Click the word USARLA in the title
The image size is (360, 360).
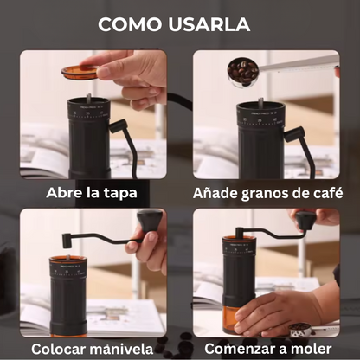click(x=209, y=24)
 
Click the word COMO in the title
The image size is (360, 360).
click(x=130, y=24)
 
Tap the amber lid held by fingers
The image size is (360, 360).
click(x=80, y=72)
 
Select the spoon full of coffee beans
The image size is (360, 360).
click(x=242, y=72)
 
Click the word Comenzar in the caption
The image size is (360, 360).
click(x=240, y=349)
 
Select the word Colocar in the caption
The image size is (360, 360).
click(x=59, y=349)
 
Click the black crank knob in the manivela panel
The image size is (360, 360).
click(x=150, y=221)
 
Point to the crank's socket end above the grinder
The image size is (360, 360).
click(x=67, y=241)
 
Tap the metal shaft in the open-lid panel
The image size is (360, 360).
click(x=89, y=98)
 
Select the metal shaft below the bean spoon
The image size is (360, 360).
click(x=260, y=102)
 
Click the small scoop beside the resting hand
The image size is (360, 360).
click(x=300, y=330)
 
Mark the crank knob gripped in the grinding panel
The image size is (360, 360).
click(x=305, y=220)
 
